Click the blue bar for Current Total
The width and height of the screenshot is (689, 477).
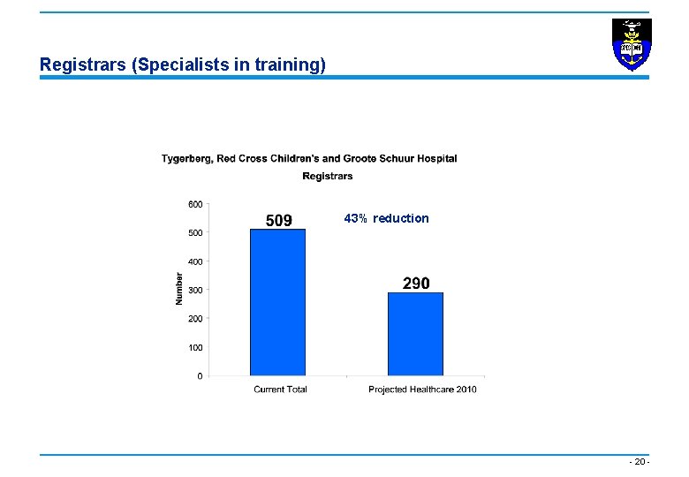click(277, 302)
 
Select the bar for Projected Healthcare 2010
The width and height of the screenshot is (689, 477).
click(415, 334)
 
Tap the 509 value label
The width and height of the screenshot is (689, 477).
click(279, 220)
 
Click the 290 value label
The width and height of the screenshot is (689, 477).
click(416, 283)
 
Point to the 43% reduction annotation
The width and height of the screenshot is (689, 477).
click(386, 218)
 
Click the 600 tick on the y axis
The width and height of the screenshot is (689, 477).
click(194, 204)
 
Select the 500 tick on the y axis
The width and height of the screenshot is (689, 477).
click(194, 233)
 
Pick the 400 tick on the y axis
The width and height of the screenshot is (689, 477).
click(194, 261)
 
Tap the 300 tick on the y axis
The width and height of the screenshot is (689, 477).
click(194, 290)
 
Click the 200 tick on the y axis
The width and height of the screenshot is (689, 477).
click(194, 319)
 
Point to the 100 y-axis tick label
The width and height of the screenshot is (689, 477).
click(194, 347)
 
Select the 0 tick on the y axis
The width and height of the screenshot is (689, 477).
click(199, 376)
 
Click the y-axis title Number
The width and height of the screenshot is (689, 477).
click(178, 288)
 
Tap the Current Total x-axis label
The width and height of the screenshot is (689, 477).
click(280, 390)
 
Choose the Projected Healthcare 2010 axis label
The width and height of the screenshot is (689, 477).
click(422, 390)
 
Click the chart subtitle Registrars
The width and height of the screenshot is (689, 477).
click(327, 176)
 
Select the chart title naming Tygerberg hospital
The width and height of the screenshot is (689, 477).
click(309, 159)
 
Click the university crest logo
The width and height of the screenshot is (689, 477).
click(632, 44)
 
